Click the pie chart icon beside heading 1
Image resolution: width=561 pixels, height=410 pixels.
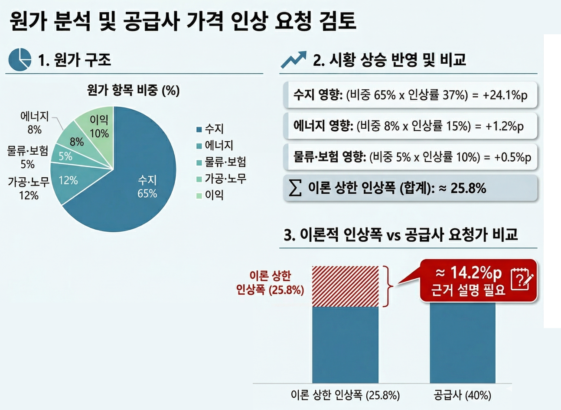(20, 59)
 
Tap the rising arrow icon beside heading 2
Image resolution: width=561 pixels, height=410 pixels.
(294, 59)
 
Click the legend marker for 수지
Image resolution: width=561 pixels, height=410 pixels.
(199, 130)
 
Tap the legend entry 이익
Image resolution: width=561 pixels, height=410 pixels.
(210, 195)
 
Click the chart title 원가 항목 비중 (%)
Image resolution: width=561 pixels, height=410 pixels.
(133, 90)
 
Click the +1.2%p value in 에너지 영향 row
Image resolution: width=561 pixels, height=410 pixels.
(504, 127)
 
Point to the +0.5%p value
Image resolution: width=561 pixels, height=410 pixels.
(513, 158)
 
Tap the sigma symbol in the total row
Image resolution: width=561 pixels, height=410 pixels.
(295, 188)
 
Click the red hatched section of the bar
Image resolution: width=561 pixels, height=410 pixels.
(345, 286)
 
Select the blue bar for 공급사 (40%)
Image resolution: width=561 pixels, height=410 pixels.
(463, 343)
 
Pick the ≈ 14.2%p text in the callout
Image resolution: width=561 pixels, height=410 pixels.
(469, 273)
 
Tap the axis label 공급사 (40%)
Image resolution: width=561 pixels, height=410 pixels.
(463, 396)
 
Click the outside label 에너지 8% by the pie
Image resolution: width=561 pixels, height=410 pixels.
(35, 123)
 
